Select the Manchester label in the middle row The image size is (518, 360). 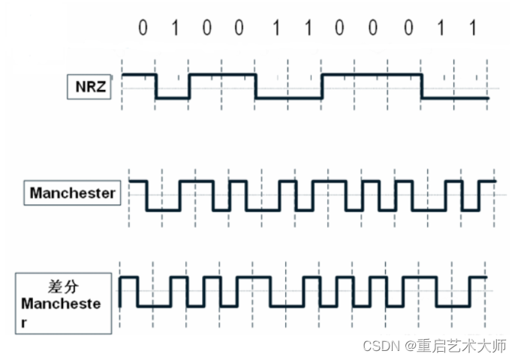72,193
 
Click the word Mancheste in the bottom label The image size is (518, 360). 65,305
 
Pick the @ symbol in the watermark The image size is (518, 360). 410,346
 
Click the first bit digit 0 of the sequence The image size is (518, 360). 142,29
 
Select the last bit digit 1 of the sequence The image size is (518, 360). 472,29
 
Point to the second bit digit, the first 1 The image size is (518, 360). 175,29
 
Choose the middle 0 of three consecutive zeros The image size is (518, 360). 373,29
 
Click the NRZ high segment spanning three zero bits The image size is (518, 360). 372,75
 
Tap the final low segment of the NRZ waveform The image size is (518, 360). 455,98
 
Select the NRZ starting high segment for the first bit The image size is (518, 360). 139,75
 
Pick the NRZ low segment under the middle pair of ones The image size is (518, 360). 289,98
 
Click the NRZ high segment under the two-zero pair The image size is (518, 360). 222,75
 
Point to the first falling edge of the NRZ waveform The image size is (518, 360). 156,86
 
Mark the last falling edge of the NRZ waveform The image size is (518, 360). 421,86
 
